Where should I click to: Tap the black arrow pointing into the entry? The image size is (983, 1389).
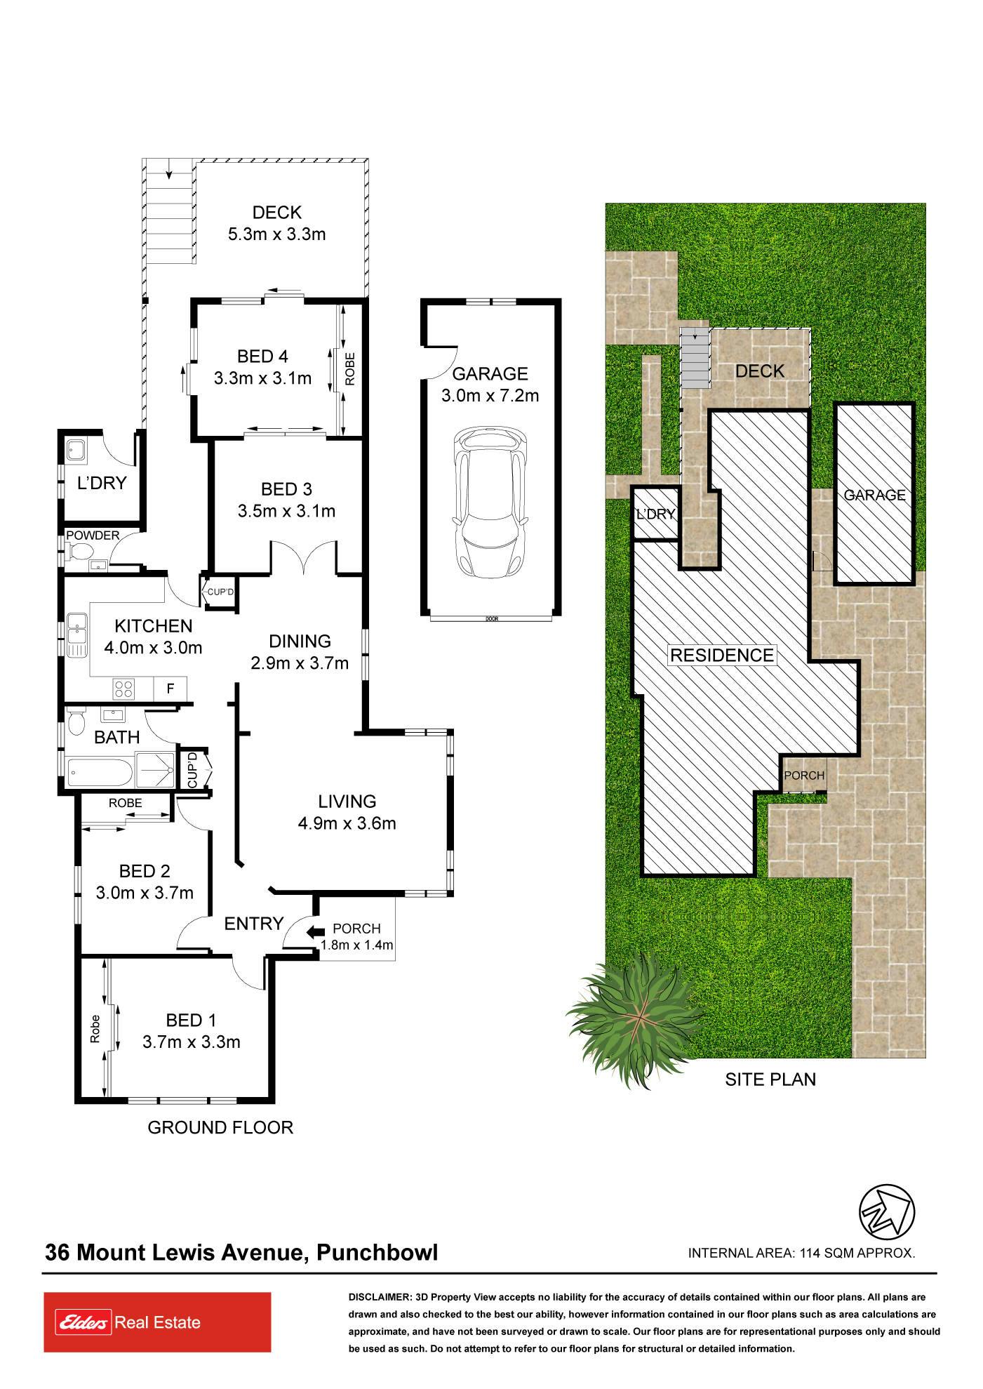315,931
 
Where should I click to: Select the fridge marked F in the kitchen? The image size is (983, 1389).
170,689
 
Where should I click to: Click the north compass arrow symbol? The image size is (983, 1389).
888,1212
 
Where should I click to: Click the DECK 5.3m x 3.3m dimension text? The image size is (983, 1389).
276,223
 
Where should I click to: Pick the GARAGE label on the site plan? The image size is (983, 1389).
874,495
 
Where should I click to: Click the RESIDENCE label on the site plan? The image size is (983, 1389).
722,655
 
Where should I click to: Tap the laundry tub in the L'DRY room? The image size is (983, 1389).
75,450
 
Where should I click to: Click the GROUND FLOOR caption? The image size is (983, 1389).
220,1127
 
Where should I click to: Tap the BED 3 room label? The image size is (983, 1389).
286,489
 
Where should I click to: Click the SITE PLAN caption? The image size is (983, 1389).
770,1079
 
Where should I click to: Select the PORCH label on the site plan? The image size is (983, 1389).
804,776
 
